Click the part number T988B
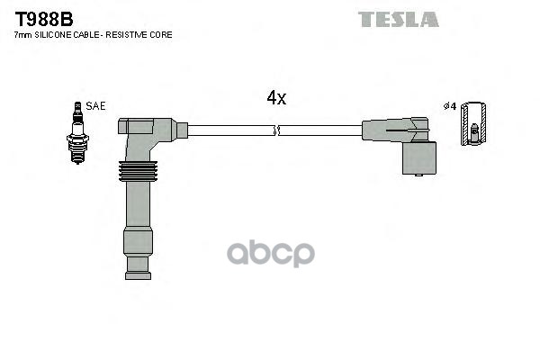(44, 19)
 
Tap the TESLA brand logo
(399, 19)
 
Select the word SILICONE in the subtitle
(53, 35)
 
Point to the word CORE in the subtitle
(161, 35)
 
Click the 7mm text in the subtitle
(23, 35)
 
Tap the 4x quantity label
(276, 98)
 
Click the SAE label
(95, 106)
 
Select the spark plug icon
(77, 133)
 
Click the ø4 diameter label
(450, 106)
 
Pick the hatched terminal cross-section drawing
(473, 123)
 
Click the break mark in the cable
(276, 130)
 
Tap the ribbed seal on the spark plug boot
(138, 171)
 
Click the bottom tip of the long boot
(138, 276)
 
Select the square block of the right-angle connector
(419, 157)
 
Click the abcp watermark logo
(271, 254)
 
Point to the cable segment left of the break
(230, 130)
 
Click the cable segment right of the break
(320, 130)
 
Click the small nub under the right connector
(418, 175)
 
